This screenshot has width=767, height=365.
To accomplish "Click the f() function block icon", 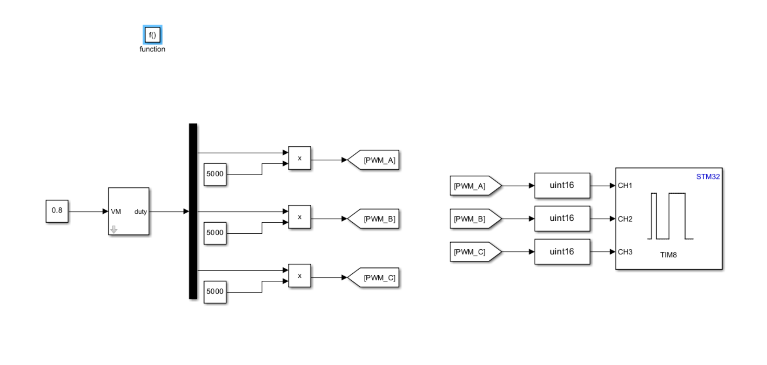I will click(x=152, y=35).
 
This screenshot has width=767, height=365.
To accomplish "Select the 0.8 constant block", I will click(x=57, y=211).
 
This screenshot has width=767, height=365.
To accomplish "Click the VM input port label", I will click(x=116, y=212).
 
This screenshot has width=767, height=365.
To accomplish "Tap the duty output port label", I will click(x=140, y=212).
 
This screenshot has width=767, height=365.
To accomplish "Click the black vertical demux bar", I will click(x=193, y=211).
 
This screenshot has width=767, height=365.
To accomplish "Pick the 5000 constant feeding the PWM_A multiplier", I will click(x=215, y=174).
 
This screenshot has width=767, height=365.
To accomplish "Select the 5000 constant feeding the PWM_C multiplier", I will click(x=215, y=292).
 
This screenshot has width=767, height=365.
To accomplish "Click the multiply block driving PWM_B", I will click(x=299, y=217).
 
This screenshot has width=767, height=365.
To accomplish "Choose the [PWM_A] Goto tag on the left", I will click(x=374, y=160).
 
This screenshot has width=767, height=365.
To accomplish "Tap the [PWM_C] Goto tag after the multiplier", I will click(x=374, y=278).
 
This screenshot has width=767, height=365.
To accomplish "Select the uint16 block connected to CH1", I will click(x=562, y=185).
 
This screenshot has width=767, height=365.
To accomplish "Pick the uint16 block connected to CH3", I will click(x=562, y=252).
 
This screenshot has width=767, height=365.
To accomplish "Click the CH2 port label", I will click(x=625, y=219).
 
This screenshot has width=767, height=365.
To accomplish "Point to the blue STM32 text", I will click(x=708, y=177).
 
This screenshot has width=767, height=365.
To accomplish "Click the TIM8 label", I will click(x=668, y=255).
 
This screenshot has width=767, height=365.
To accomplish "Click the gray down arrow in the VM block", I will click(x=114, y=229).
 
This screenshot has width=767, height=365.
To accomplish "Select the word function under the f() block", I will click(x=152, y=49).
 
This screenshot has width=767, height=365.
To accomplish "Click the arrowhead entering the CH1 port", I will click(x=612, y=185).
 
